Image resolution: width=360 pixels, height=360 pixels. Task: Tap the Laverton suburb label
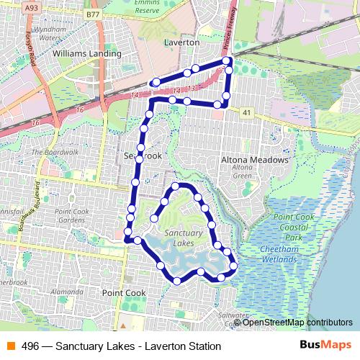coord(181,43)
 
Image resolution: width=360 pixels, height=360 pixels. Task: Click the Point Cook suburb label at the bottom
coord(123,293)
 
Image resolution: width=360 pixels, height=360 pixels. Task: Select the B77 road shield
coord(92,14)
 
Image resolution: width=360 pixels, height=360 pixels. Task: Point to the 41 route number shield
coord(247,112)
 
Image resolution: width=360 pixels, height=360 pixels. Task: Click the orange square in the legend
coord(10,345)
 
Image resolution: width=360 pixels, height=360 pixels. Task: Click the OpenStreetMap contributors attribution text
coord(298,323)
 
